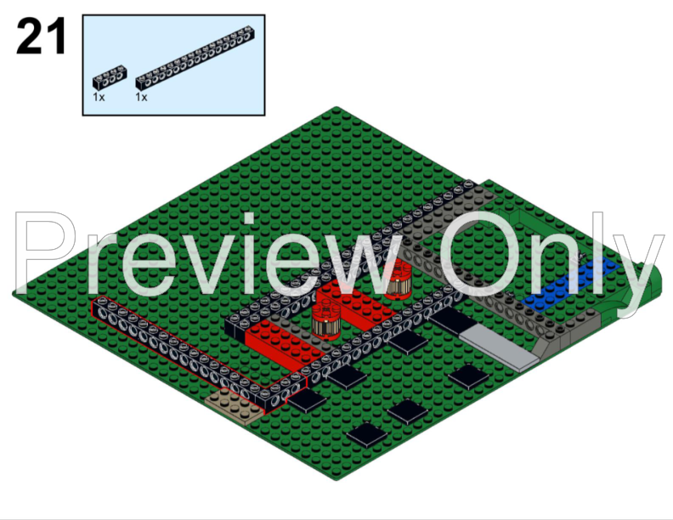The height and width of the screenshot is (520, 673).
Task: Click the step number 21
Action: point(41,37)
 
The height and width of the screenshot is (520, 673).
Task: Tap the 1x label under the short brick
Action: point(99,98)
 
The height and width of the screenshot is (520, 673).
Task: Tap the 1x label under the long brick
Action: point(141,98)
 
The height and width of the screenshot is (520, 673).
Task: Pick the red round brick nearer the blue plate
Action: point(396,280)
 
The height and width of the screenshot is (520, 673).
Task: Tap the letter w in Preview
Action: point(366,255)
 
